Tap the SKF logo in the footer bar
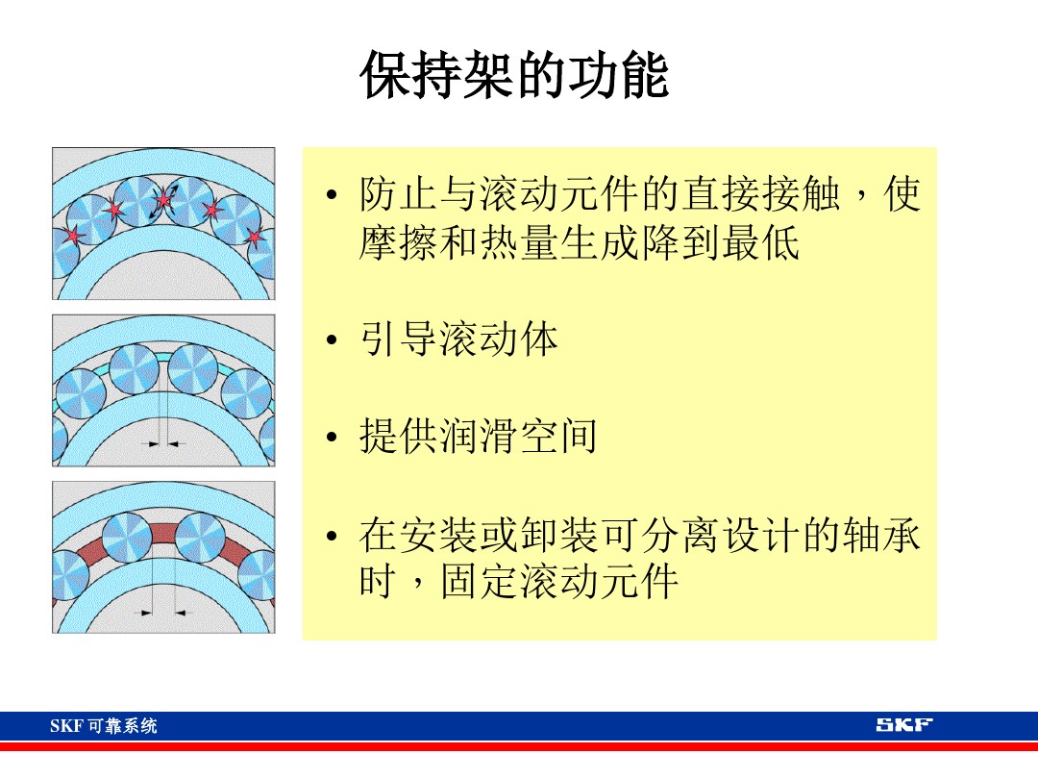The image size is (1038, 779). (903, 725)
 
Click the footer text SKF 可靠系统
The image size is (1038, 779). (104, 726)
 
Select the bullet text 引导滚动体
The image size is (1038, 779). (458, 340)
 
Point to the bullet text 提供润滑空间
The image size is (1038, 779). (478, 438)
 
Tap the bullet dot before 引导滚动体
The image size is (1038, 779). (332, 341)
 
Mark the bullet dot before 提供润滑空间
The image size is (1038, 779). (332, 439)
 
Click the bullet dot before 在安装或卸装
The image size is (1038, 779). (332, 536)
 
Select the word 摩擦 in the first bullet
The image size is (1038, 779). (398, 243)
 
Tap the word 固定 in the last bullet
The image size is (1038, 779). (478, 582)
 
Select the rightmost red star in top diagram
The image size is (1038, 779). (254, 236)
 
